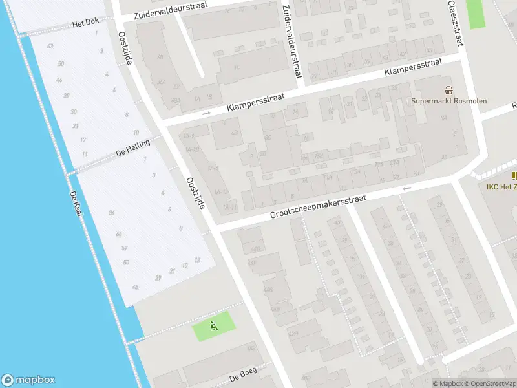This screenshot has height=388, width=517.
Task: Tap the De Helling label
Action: point(132,148)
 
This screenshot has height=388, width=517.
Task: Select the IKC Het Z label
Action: point(501,187)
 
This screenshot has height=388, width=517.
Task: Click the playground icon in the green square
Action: point(215,325)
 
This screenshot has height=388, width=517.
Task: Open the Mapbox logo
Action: point(28,380)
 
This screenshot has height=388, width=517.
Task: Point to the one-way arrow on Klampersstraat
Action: point(207,113)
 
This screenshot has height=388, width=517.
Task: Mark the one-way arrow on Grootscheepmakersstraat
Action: point(406,188)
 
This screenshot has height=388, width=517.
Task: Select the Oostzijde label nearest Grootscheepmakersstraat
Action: point(195,193)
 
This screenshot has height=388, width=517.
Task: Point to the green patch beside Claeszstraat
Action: point(476,13)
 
